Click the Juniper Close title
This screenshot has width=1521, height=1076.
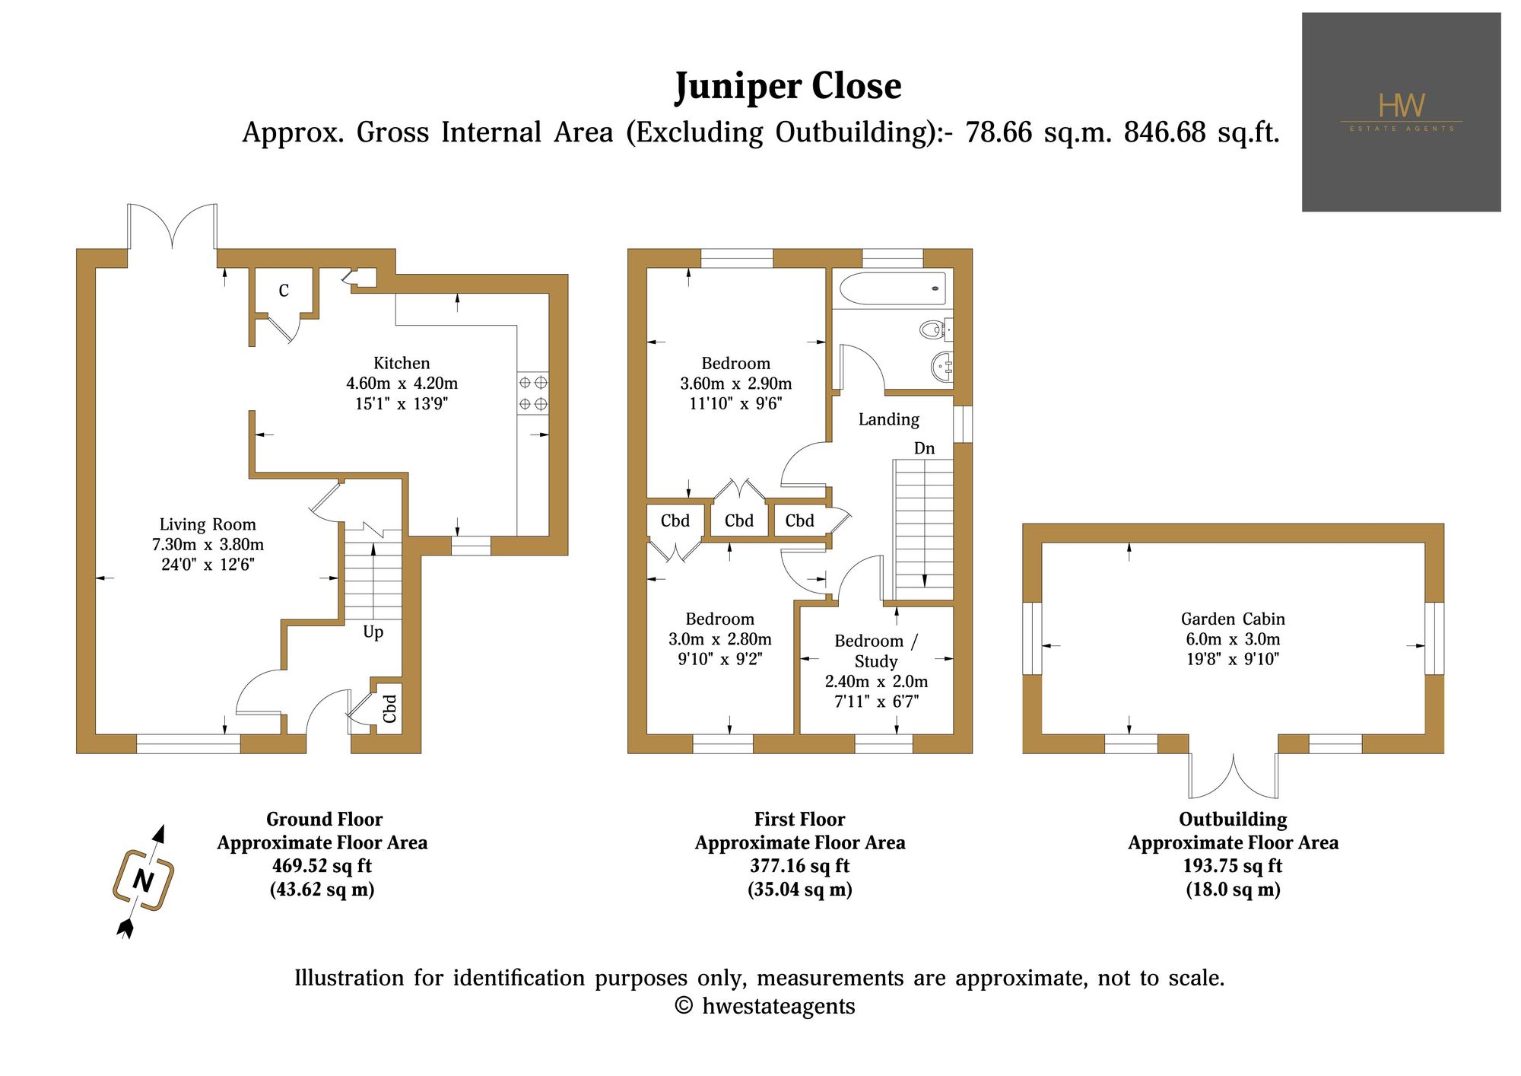click(788, 86)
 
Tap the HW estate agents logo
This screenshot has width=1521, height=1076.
click(1401, 112)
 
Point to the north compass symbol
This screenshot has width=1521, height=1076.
click(144, 881)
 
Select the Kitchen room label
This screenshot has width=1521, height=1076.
click(402, 363)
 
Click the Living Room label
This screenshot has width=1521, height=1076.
click(208, 524)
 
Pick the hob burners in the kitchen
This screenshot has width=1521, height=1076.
click(533, 393)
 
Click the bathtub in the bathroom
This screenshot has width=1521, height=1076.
click(893, 288)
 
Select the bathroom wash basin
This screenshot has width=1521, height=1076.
click(942, 368)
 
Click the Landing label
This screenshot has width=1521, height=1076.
click(889, 419)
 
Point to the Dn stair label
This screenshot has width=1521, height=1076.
click(924, 448)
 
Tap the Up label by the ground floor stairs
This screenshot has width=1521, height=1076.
click(373, 632)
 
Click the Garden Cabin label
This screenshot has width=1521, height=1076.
click(1233, 619)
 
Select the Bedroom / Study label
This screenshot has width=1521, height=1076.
click(876, 651)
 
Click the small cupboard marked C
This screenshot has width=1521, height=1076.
click(284, 290)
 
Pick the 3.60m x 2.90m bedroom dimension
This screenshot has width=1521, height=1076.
click(736, 384)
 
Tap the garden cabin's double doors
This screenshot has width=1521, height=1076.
click(1234, 774)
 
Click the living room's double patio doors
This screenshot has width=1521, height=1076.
click(173, 226)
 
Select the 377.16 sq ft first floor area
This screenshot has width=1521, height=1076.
click(800, 866)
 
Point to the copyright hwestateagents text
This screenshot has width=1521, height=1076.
click(765, 1006)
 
